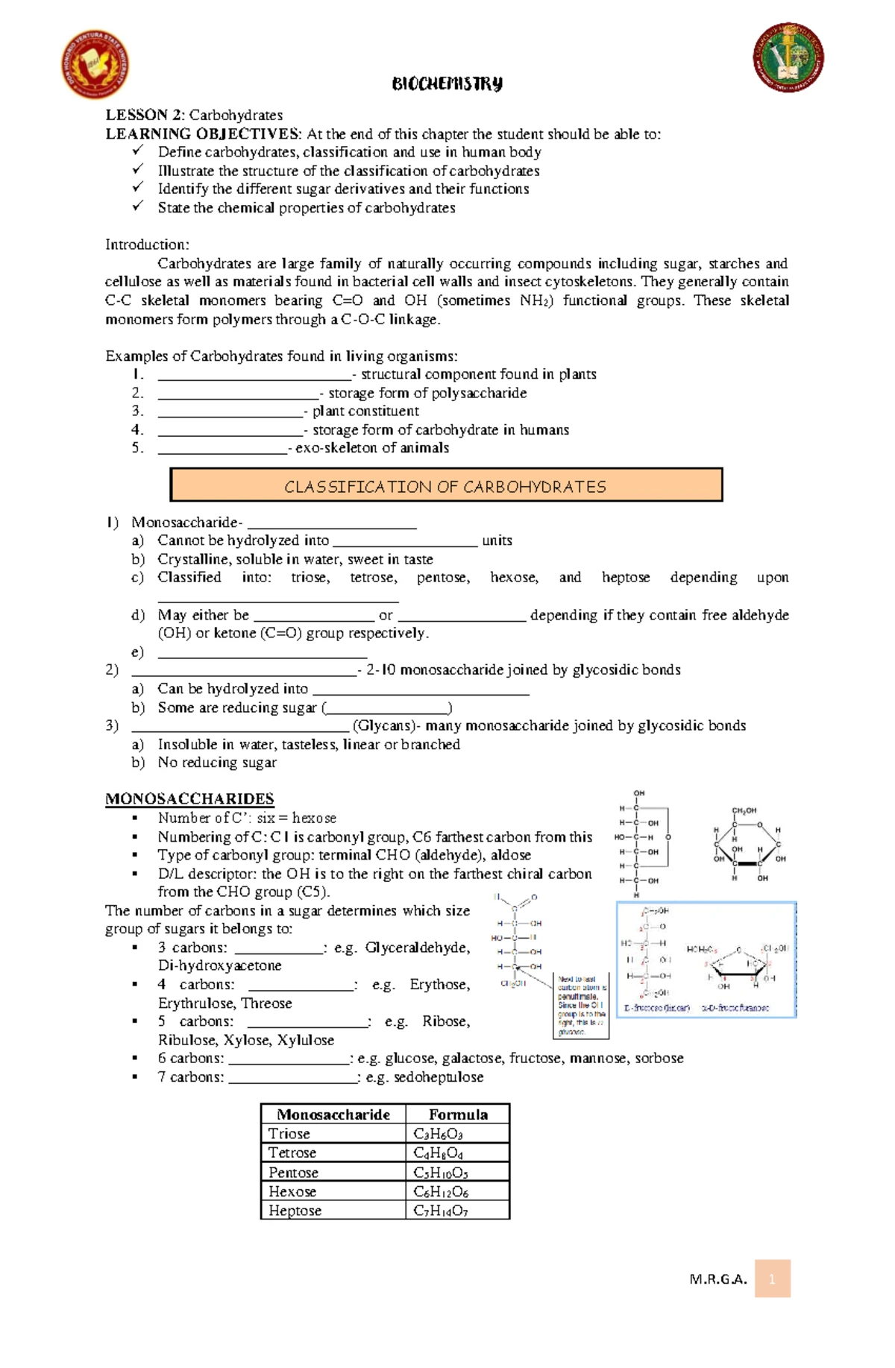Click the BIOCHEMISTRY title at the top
[447, 83]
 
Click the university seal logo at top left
[95, 65]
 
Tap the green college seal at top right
[788, 57]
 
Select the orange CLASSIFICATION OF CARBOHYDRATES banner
[446, 486]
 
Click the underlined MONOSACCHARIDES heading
[189, 799]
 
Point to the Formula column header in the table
[458, 1115]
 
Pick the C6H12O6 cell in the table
[441, 1191]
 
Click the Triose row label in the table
[289, 1134]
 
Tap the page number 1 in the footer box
[772, 1279]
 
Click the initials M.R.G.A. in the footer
[718, 1280]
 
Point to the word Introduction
[147, 245]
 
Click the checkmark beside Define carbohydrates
[138, 151]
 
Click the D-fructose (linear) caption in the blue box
[657, 1008]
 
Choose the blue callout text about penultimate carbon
[582, 1006]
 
